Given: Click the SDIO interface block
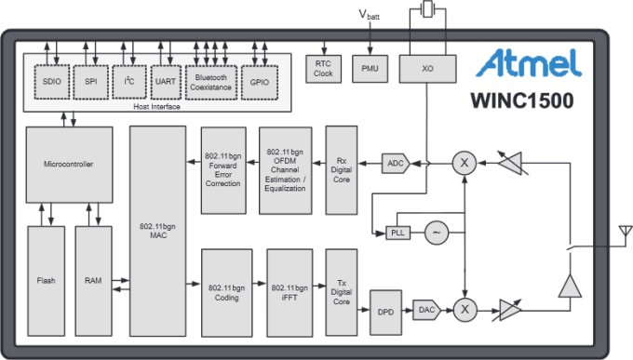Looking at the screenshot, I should [51, 82].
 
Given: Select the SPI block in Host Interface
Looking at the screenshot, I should [90, 82].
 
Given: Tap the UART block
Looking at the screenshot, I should [166, 82].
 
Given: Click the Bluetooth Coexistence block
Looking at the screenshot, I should [211, 82].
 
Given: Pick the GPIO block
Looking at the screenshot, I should [259, 82].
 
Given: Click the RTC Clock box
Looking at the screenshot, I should [324, 68].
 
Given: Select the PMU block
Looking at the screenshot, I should [370, 68].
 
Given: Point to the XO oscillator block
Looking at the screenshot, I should [427, 68].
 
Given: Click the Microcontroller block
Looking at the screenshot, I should [69, 165].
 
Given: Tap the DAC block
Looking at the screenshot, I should [426, 310].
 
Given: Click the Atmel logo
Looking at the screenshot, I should [529, 63].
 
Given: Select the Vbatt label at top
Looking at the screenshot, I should [370, 16].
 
